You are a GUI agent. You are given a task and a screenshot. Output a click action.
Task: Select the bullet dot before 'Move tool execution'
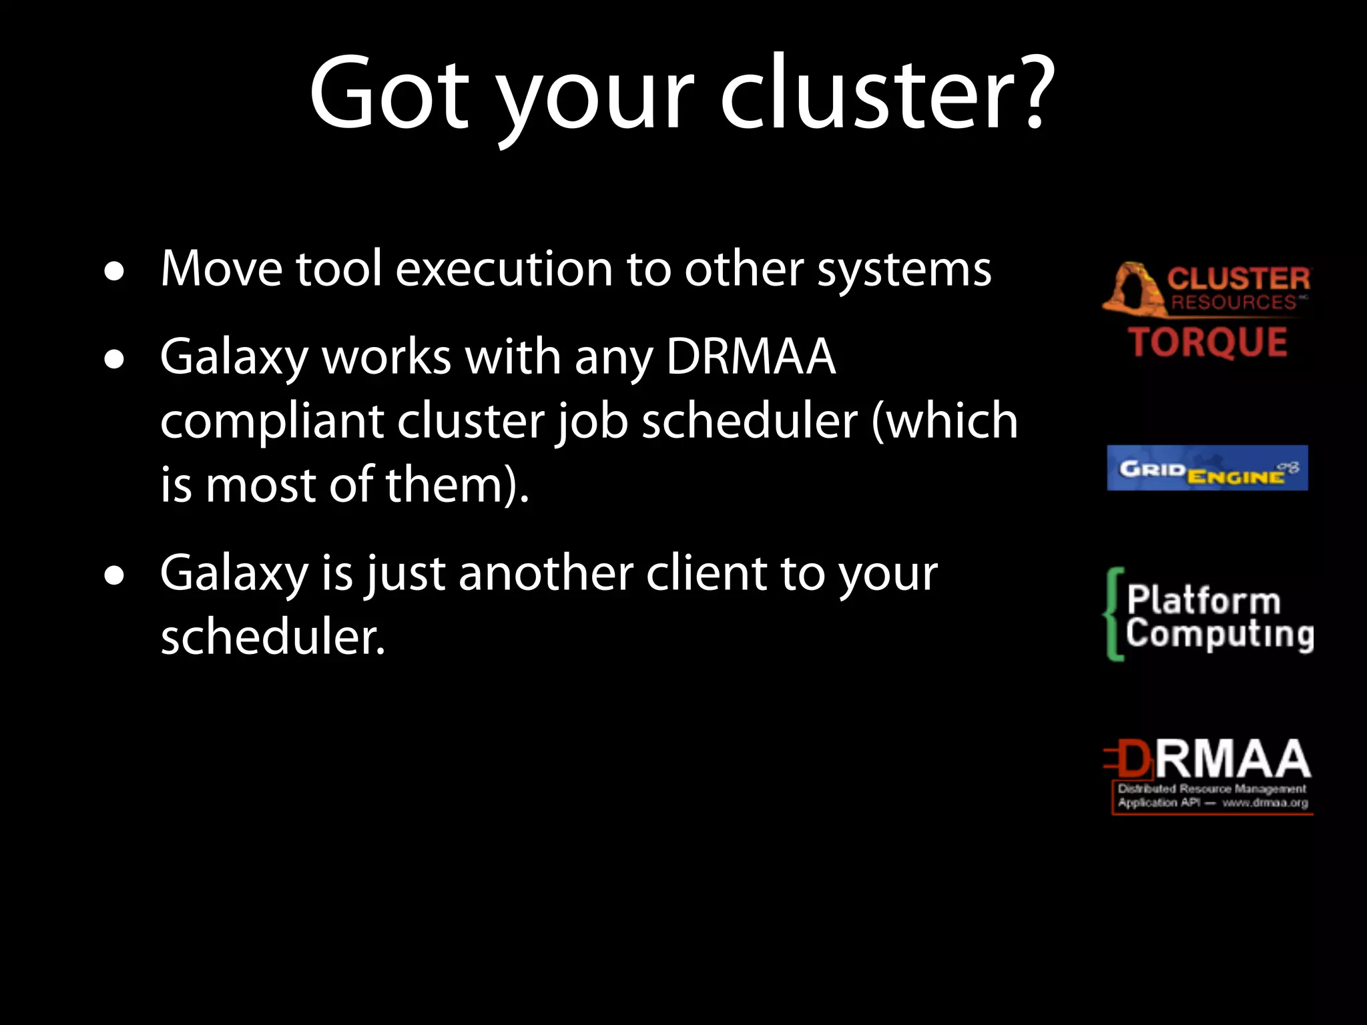[115, 272]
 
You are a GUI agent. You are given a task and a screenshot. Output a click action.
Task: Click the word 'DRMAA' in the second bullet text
[751, 357]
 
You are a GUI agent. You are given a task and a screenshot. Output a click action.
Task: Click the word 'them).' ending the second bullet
[457, 484]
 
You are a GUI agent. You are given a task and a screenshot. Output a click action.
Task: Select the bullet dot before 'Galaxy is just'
[115, 575]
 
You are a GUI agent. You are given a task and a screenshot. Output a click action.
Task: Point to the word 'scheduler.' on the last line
[273, 637]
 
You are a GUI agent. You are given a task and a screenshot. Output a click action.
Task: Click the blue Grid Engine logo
[1207, 468]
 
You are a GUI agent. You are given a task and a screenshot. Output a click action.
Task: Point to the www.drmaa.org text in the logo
[1265, 803]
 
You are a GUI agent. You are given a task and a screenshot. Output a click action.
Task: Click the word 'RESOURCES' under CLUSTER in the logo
[1234, 302]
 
